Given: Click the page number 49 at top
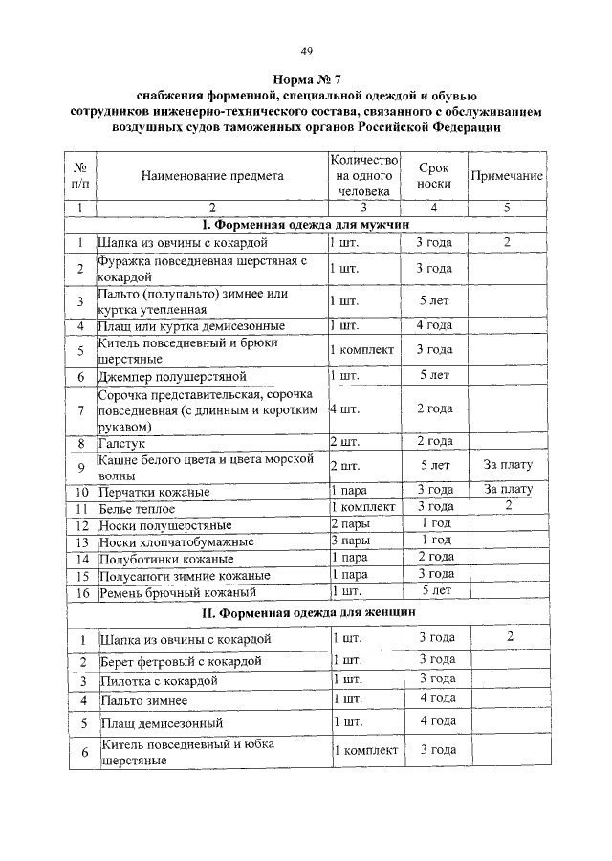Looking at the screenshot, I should pyautogui.click(x=306, y=51).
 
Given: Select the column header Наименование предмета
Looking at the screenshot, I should pyautogui.click(x=212, y=176).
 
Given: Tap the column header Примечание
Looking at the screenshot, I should pyautogui.click(x=507, y=176).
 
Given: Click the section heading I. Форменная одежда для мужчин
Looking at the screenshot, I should pyautogui.click(x=306, y=225).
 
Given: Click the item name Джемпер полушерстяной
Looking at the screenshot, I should pyautogui.click(x=172, y=376).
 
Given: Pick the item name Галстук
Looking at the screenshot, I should pyautogui.click(x=120, y=442).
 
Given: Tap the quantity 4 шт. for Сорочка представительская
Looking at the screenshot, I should pyautogui.click(x=343, y=408).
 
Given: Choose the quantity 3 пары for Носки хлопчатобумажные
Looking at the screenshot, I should pyautogui.click(x=351, y=541).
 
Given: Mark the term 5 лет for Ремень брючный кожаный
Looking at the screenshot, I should pyautogui.click(x=434, y=590).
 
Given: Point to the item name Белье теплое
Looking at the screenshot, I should pyautogui.click(x=137, y=508).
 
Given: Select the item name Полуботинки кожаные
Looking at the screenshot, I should pyautogui.click(x=166, y=558).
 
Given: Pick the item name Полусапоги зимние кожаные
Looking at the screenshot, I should pyautogui.click(x=179, y=575).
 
